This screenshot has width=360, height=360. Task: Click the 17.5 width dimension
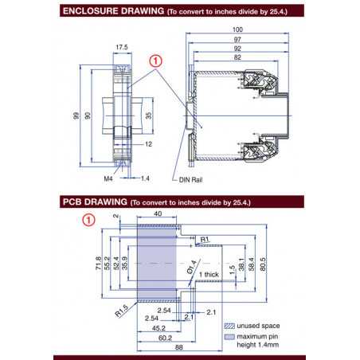pos(121,48)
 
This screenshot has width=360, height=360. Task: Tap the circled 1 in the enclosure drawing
pos(156,60)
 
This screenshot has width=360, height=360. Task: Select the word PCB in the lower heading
pos(73,203)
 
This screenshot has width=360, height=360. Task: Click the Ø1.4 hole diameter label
pos(191,264)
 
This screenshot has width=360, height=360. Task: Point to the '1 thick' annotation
pos(209,275)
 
